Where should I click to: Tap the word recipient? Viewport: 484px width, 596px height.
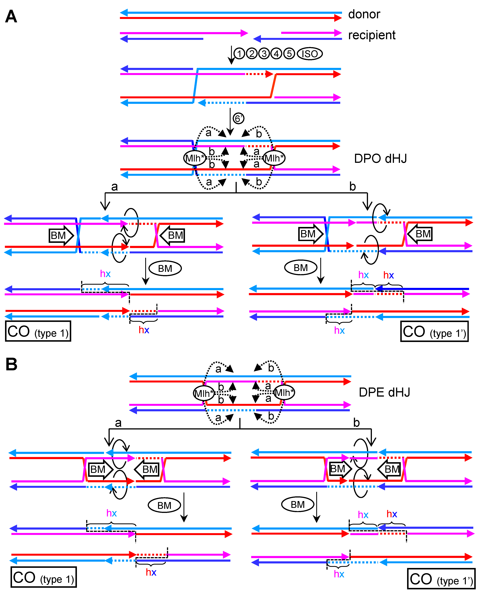point(372,35)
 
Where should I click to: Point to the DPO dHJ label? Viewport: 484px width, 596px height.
point(380,158)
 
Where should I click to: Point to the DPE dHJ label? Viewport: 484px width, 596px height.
point(384,392)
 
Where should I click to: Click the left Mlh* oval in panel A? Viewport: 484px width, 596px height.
point(194,158)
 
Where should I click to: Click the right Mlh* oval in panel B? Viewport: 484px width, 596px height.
point(284,393)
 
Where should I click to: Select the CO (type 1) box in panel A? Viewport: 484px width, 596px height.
point(38,331)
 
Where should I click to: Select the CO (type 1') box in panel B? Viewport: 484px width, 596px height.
point(441,579)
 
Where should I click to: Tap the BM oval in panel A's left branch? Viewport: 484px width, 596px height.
point(165,268)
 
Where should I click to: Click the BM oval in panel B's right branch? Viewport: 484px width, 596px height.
point(297,504)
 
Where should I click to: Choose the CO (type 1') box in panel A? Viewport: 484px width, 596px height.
point(434,331)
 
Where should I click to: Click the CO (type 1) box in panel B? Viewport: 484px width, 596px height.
point(43,577)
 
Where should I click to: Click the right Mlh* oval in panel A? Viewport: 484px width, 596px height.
point(274,158)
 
